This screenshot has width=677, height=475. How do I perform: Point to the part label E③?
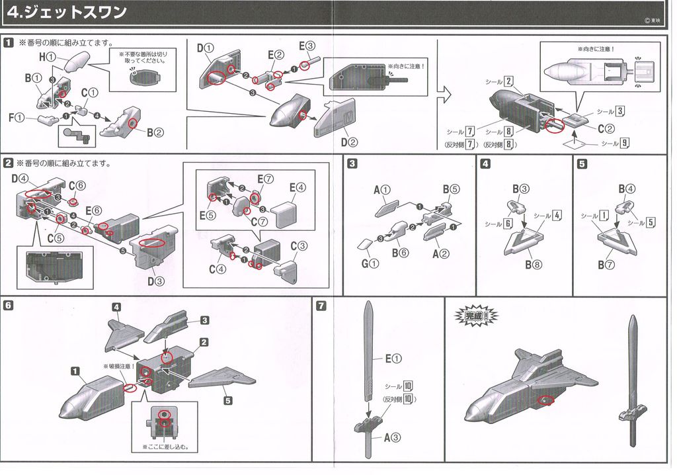pyautogui.click(x=307, y=46)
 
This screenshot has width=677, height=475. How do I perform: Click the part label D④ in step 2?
pyautogui.click(x=19, y=179)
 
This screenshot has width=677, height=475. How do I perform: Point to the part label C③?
pyautogui.click(x=299, y=245)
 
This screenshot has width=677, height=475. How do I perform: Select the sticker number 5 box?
pyautogui.click(x=651, y=222)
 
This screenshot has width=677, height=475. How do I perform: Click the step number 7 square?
pyautogui.click(x=321, y=306)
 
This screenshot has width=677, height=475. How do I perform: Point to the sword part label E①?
pyautogui.click(x=394, y=359)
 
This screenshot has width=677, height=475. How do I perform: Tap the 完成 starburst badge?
pyautogui.click(x=474, y=316)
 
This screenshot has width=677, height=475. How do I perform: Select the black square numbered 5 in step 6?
pyautogui.click(x=227, y=400)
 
